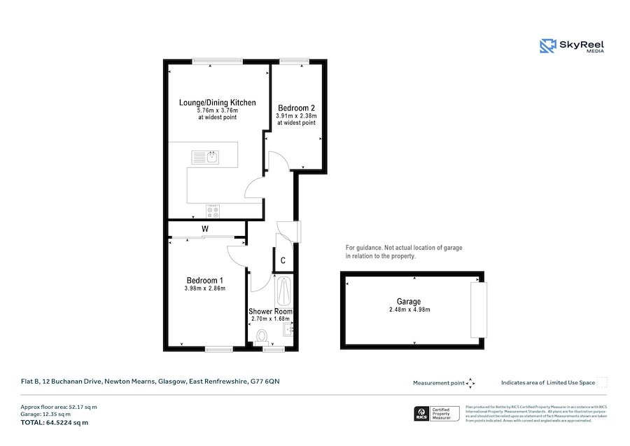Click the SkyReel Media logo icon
point(547,46)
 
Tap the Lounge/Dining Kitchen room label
point(217,103)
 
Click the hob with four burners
point(212,210)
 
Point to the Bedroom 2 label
point(296,108)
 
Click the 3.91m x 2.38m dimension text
point(296,116)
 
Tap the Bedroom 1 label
point(204,279)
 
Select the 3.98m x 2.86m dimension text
point(204,288)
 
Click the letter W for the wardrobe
point(206,229)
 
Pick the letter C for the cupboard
point(283,260)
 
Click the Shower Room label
point(270,312)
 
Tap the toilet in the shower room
point(263,337)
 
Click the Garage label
point(409,302)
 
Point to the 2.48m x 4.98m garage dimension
point(409,309)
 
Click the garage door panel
point(478,309)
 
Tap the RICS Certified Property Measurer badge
point(437,413)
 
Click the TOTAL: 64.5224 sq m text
point(55,422)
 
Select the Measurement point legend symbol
point(470,383)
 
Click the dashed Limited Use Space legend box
point(602,382)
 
